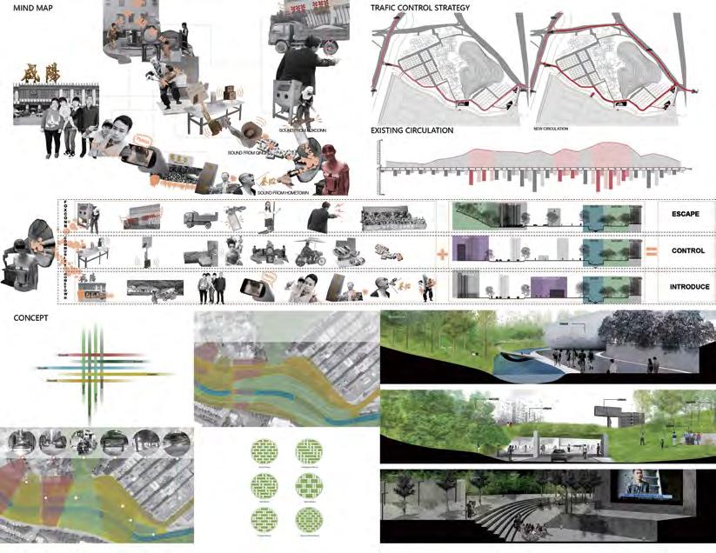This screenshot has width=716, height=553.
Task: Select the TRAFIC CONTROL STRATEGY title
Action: [420, 9]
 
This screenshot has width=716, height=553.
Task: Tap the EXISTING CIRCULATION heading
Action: [412, 130]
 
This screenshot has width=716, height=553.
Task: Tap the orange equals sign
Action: [649, 251]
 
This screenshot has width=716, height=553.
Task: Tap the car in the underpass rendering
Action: [557, 453]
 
